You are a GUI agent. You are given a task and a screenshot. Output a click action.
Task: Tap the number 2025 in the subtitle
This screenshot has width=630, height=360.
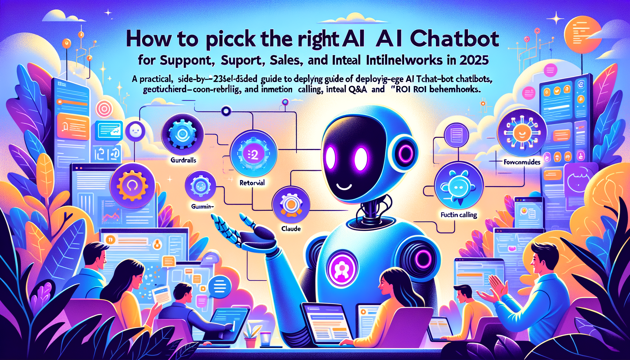tap(473, 60)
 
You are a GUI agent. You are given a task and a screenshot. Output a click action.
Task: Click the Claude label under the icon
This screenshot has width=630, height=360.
tap(291, 229)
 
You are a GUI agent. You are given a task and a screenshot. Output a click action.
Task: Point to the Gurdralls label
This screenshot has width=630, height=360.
tap(183, 160)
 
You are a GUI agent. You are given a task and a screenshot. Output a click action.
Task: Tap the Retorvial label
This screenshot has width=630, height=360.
tap(252, 183)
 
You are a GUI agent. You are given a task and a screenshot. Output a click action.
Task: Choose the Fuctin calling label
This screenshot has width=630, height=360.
tap(458, 214)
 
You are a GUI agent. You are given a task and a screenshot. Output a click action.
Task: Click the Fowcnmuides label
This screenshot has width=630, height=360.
tap(522, 162)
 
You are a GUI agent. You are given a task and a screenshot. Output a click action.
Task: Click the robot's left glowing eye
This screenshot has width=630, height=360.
tap(330, 158)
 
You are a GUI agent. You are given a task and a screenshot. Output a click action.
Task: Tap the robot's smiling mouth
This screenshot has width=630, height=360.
tap(344, 186)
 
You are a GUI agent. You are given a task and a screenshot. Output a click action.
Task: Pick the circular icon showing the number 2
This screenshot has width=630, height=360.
tap(253, 154)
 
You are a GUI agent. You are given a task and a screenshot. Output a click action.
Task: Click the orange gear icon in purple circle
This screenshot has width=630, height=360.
tap(132, 185)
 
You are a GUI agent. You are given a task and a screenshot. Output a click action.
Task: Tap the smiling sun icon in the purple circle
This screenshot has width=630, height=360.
tap(522, 133)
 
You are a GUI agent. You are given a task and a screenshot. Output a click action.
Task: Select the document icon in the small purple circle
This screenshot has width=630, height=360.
tap(456, 135)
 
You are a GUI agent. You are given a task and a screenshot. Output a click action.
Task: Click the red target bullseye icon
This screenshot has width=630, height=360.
tap(104, 109)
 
